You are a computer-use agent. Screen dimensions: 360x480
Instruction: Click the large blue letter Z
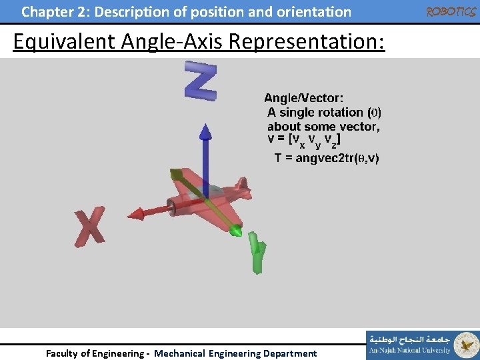click(x=200, y=81)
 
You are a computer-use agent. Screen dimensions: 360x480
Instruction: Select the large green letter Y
click(x=257, y=252)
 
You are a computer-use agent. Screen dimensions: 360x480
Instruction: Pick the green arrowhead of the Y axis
click(x=235, y=231)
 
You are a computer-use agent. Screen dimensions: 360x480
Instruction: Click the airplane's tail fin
click(x=243, y=186)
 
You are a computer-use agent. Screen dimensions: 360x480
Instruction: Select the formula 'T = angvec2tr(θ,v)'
click(x=327, y=158)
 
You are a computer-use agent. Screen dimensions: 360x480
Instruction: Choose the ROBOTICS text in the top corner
click(x=450, y=11)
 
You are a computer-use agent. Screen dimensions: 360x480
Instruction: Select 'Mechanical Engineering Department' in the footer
click(x=235, y=353)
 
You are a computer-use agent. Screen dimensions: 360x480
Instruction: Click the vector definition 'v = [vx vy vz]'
click(x=304, y=140)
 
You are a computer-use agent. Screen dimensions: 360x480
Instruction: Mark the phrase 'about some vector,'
click(x=323, y=126)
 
